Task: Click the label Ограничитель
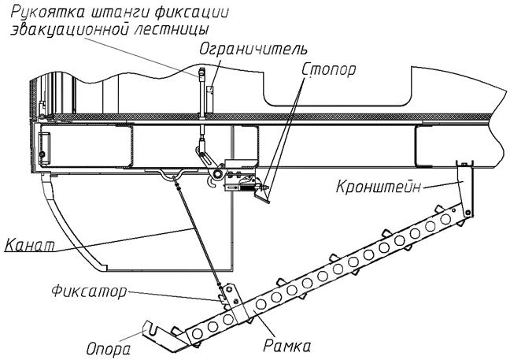[x=253, y=50]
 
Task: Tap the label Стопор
[x=329, y=69]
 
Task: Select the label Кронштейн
[x=378, y=187]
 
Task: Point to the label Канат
[x=30, y=245]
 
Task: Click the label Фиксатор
[x=88, y=291]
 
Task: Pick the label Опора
[x=109, y=349]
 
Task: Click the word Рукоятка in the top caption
[x=47, y=13]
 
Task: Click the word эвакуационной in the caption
[x=69, y=30]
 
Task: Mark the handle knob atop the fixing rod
[x=201, y=73]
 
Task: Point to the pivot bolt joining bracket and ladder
[x=468, y=213]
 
